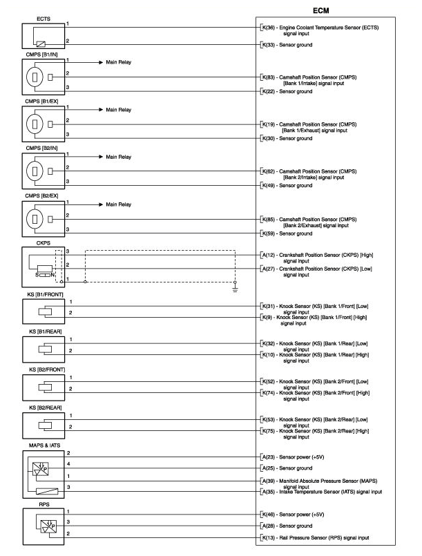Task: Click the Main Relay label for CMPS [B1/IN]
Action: pyautogui.click(x=118, y=61)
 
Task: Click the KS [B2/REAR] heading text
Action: pyautogui.click(x=45, y=408)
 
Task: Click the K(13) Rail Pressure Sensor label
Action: pyautogui.click(x=314, y=537)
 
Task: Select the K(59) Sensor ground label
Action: pyautogui.click(x=286, y=233)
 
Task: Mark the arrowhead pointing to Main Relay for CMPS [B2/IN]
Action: pyautogui.click(x=101, y=157)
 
